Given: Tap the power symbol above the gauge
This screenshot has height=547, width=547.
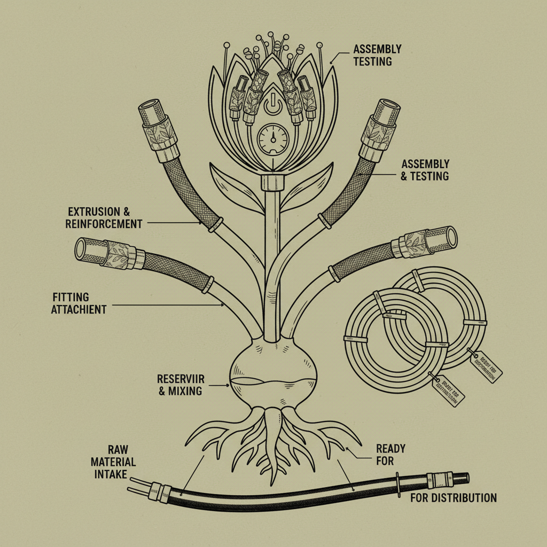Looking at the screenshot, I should click(x=272, y=103).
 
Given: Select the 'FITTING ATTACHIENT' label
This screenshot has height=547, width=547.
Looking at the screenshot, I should click(x=80, y=303).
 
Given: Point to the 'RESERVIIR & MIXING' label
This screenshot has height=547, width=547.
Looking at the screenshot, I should click(x=179, y=385).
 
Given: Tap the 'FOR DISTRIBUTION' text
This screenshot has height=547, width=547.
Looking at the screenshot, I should click(x=454, y=498).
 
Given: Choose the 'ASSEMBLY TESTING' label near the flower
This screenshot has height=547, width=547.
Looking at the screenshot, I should click(x=377, y=56).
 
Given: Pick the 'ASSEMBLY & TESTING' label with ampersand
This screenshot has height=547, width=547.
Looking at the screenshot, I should click(x=425, y=170).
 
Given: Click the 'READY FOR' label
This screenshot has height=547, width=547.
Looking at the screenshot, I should click(x=390, y=454).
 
